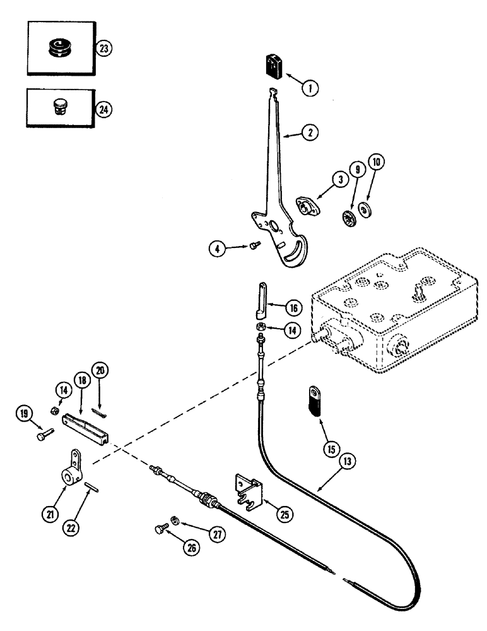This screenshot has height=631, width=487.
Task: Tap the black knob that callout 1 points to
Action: click(x=272, y=68)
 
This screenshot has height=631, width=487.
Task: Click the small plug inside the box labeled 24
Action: click(x=59, y=108)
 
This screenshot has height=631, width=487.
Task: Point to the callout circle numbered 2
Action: click(x=310, y=133)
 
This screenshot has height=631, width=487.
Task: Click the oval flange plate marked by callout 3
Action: click(x=307, y=206)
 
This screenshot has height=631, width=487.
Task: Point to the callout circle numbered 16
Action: click(x=293, y=309)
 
